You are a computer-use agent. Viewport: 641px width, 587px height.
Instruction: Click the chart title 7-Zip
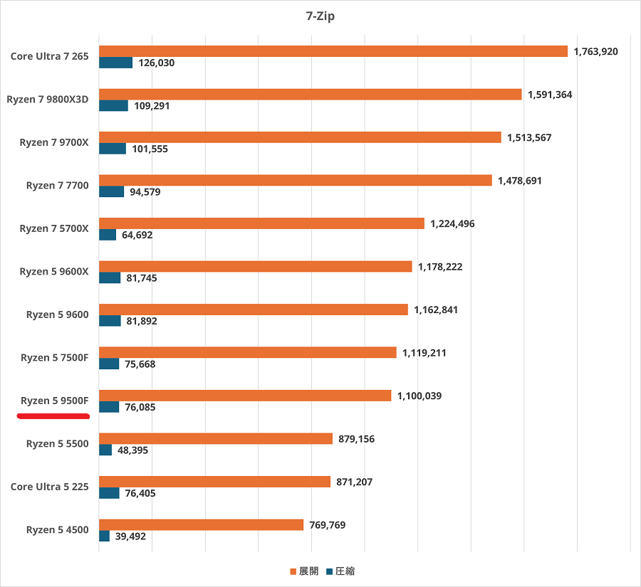(320, 16)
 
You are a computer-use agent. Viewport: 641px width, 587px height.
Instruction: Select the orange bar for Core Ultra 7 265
(333, 51)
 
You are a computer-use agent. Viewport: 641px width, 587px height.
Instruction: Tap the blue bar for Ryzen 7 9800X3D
(113, 105)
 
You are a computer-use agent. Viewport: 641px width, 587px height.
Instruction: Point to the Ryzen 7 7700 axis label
(57, 186)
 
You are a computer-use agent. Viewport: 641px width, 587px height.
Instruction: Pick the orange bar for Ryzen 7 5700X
(261, 223)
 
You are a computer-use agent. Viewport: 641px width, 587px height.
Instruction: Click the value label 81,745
(142, 278)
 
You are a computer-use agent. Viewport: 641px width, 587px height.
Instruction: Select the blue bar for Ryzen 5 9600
(110, 321)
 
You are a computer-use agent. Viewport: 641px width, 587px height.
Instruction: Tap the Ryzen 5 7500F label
(54, 357)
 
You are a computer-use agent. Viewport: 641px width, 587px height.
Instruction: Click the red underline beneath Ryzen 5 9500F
(53, 416)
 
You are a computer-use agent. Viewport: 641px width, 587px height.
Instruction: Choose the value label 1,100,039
(419, 396)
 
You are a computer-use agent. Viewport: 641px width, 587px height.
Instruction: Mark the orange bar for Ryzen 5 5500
(216, 438)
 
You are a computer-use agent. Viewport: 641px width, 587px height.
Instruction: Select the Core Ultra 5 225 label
(49, 487)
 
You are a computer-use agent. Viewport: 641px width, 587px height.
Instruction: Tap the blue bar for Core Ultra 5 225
(109, 493)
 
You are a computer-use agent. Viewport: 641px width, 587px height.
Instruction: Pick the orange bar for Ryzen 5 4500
(201, 525)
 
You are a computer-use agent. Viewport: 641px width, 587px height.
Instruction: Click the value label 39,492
(130, 536)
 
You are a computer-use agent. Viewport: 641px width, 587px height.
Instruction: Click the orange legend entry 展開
(304, 571)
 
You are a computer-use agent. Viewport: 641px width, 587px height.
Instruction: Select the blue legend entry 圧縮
(340, 571)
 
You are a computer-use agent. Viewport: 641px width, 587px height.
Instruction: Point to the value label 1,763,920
(596, 51)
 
